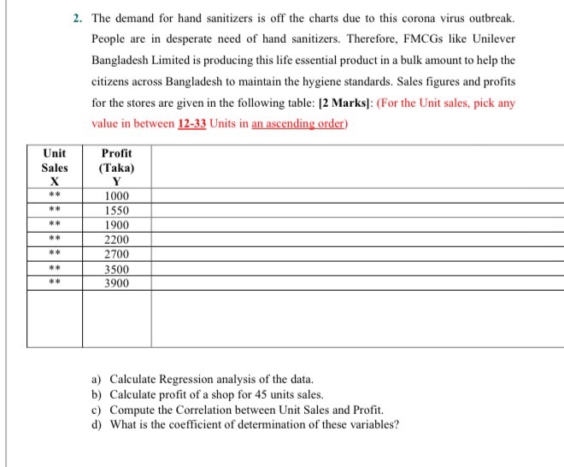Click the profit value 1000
point(115,196)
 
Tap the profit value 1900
point(115,225)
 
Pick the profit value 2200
point(115,239)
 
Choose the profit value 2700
point(115,254)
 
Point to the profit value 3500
point(115,269)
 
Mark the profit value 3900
point(115,283)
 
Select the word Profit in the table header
point(116,153)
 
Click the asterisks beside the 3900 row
point(53,283)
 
